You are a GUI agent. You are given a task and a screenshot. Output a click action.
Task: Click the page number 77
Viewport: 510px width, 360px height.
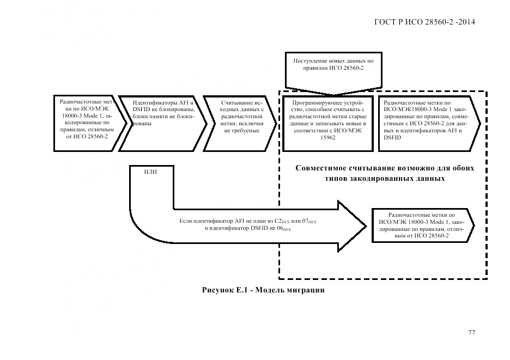coord(472,333)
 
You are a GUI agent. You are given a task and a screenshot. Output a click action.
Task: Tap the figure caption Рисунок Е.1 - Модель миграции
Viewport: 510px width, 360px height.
coord(263,290)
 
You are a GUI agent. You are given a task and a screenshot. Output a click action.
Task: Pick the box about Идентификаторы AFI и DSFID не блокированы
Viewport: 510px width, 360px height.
coord(162,123)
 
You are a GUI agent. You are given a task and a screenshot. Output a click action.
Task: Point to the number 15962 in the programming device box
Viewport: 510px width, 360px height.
coord(329,138)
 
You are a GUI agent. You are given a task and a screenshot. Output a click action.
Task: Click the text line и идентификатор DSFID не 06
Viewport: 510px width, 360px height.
coord(247,229)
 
